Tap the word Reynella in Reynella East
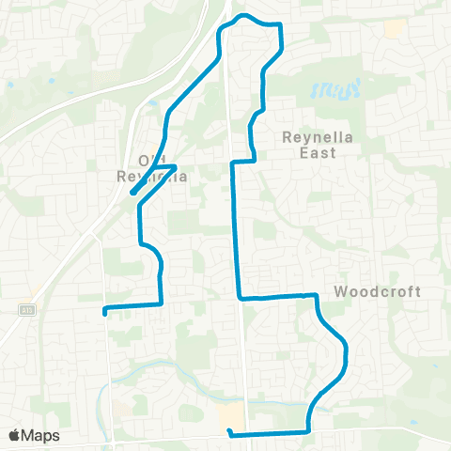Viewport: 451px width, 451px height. [317, 136]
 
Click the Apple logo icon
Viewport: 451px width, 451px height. [14, 435]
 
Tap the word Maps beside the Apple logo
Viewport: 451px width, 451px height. [40, 435]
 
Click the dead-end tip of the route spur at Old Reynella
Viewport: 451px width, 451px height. [132, 194]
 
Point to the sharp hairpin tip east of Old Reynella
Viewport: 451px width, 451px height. [176, 166]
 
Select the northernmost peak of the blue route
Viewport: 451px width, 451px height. [243, 16]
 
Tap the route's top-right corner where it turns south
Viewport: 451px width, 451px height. [279, 23]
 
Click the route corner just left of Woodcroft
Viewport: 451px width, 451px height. [317, 295]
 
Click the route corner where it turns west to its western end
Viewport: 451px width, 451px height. [162, 303]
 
